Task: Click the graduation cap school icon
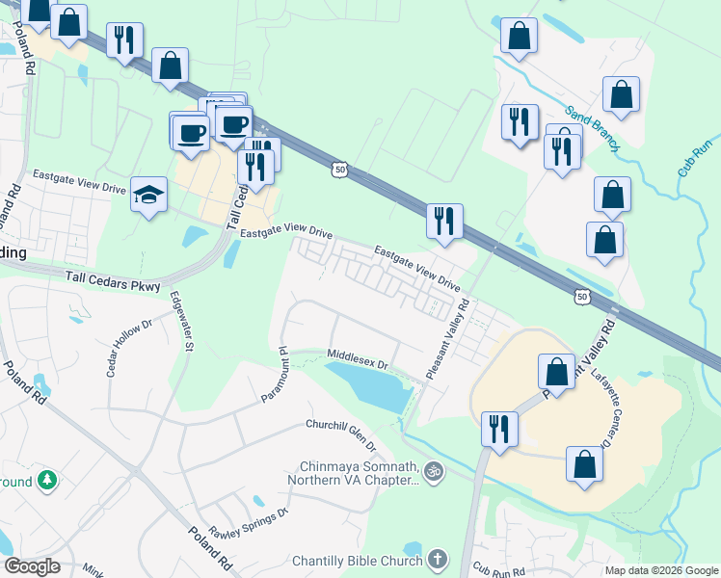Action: [147, 196]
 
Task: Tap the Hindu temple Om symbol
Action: [434, 471]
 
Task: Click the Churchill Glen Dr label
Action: [341, 434]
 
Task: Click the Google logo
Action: [32, 566]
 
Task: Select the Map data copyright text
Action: [660, 570]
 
